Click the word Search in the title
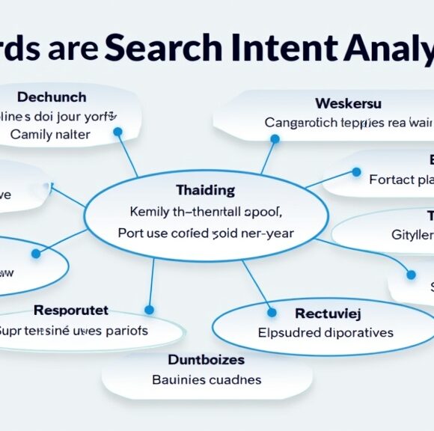click(x=163, y=47)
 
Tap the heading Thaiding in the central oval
click(x=205, y=190)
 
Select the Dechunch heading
click(x=52, y=97)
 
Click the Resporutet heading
click(x=71, y=310)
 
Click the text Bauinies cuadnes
click(x=207, y=379)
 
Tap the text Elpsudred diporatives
click(x=325, y=331)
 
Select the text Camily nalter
click(x=50, y=135)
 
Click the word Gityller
click(x=412, y=234)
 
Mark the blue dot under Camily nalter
click(x=117, y=132)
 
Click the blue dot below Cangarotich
click(x=275, y=139)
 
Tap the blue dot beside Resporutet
click(x=149, y=309)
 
